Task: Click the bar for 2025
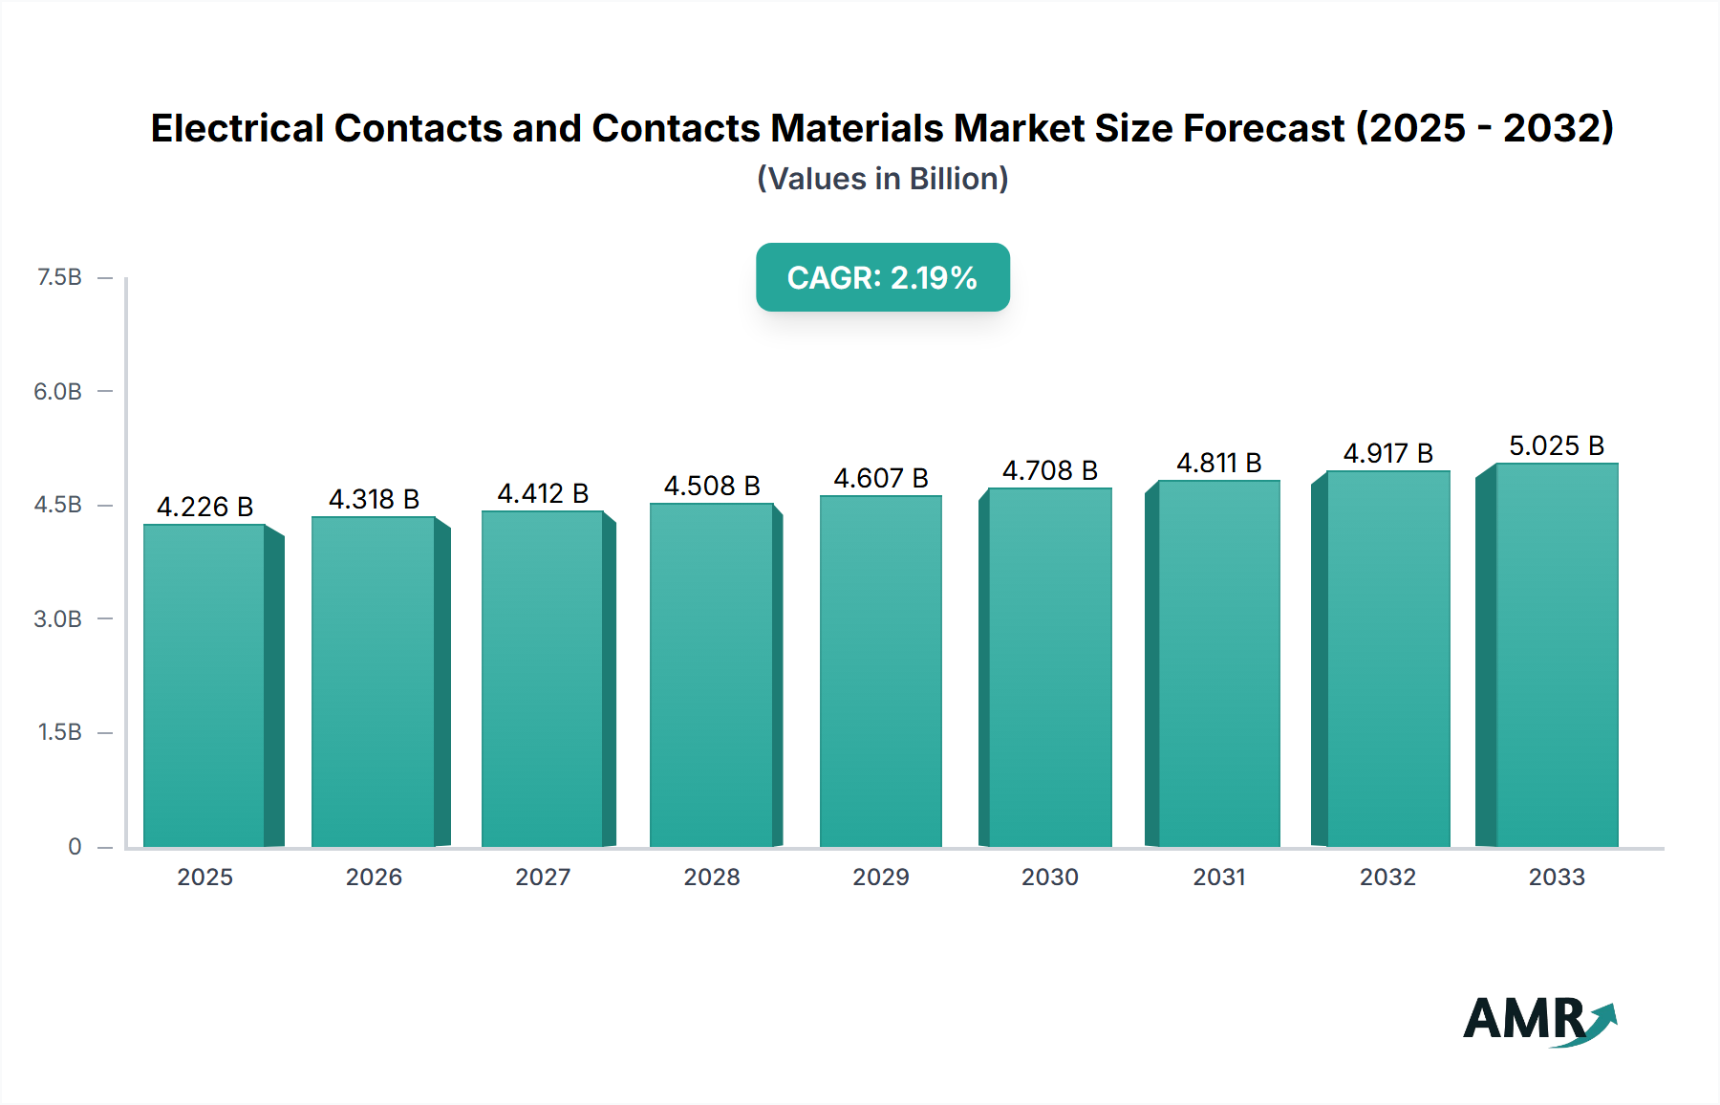click(x=204, y=685)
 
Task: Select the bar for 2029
click(x=880, y=671)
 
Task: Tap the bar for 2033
click(x=1557, y=655)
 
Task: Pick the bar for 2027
click(x=542, y=679)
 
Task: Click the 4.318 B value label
click(x=374, y=499)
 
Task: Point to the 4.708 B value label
click(x=1049, y=470)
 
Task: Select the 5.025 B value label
click(x=1556, y=445)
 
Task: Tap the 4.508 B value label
click(x=712, y=486)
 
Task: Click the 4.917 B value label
click(x=1387, y=453)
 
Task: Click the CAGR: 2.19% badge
click(x=882, y=277)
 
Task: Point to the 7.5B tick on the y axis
click(x=59, y=277)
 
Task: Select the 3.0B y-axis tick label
click(x=57, y=618)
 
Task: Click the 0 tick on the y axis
click(x=75, y=846)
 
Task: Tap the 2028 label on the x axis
click(x=712, y=877)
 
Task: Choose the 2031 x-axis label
click(x=1218, y=877)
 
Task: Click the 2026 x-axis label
click(x=374, y=877)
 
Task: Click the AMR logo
click(x=1538, y=1020)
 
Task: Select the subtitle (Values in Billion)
click(x=882, y=179)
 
